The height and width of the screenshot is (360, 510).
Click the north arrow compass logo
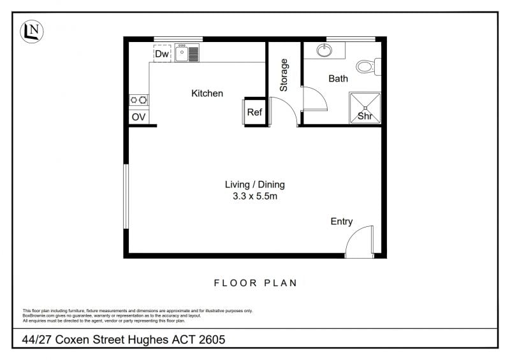[x=31, y=32]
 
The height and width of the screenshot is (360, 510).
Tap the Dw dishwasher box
[x=162, y=54]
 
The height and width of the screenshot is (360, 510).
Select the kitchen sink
[x=187, y=53]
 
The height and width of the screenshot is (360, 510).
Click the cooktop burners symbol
[x=139, y=100]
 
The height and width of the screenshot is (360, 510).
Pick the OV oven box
[x=139, y=117]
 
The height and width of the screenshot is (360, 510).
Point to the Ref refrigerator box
[x=254, y=112]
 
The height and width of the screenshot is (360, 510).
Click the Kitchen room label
[x=207, y=93]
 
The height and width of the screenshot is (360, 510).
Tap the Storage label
[x=284, y=75]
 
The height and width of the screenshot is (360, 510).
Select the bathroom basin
[x=324, y=50]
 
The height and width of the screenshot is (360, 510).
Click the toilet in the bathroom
[x=368, y=67]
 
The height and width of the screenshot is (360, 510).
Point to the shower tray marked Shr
[x=365, y=108]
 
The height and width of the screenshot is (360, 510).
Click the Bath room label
[x=339, y=78]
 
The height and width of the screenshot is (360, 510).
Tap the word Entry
[x=342, y=222]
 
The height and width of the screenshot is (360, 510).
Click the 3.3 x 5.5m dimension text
[x=255, y=196]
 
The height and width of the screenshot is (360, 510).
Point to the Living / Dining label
[x=255, y=185]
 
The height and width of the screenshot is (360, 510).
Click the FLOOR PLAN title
[x=256, y=283]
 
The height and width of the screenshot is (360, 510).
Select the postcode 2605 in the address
[x=212, y=340]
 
